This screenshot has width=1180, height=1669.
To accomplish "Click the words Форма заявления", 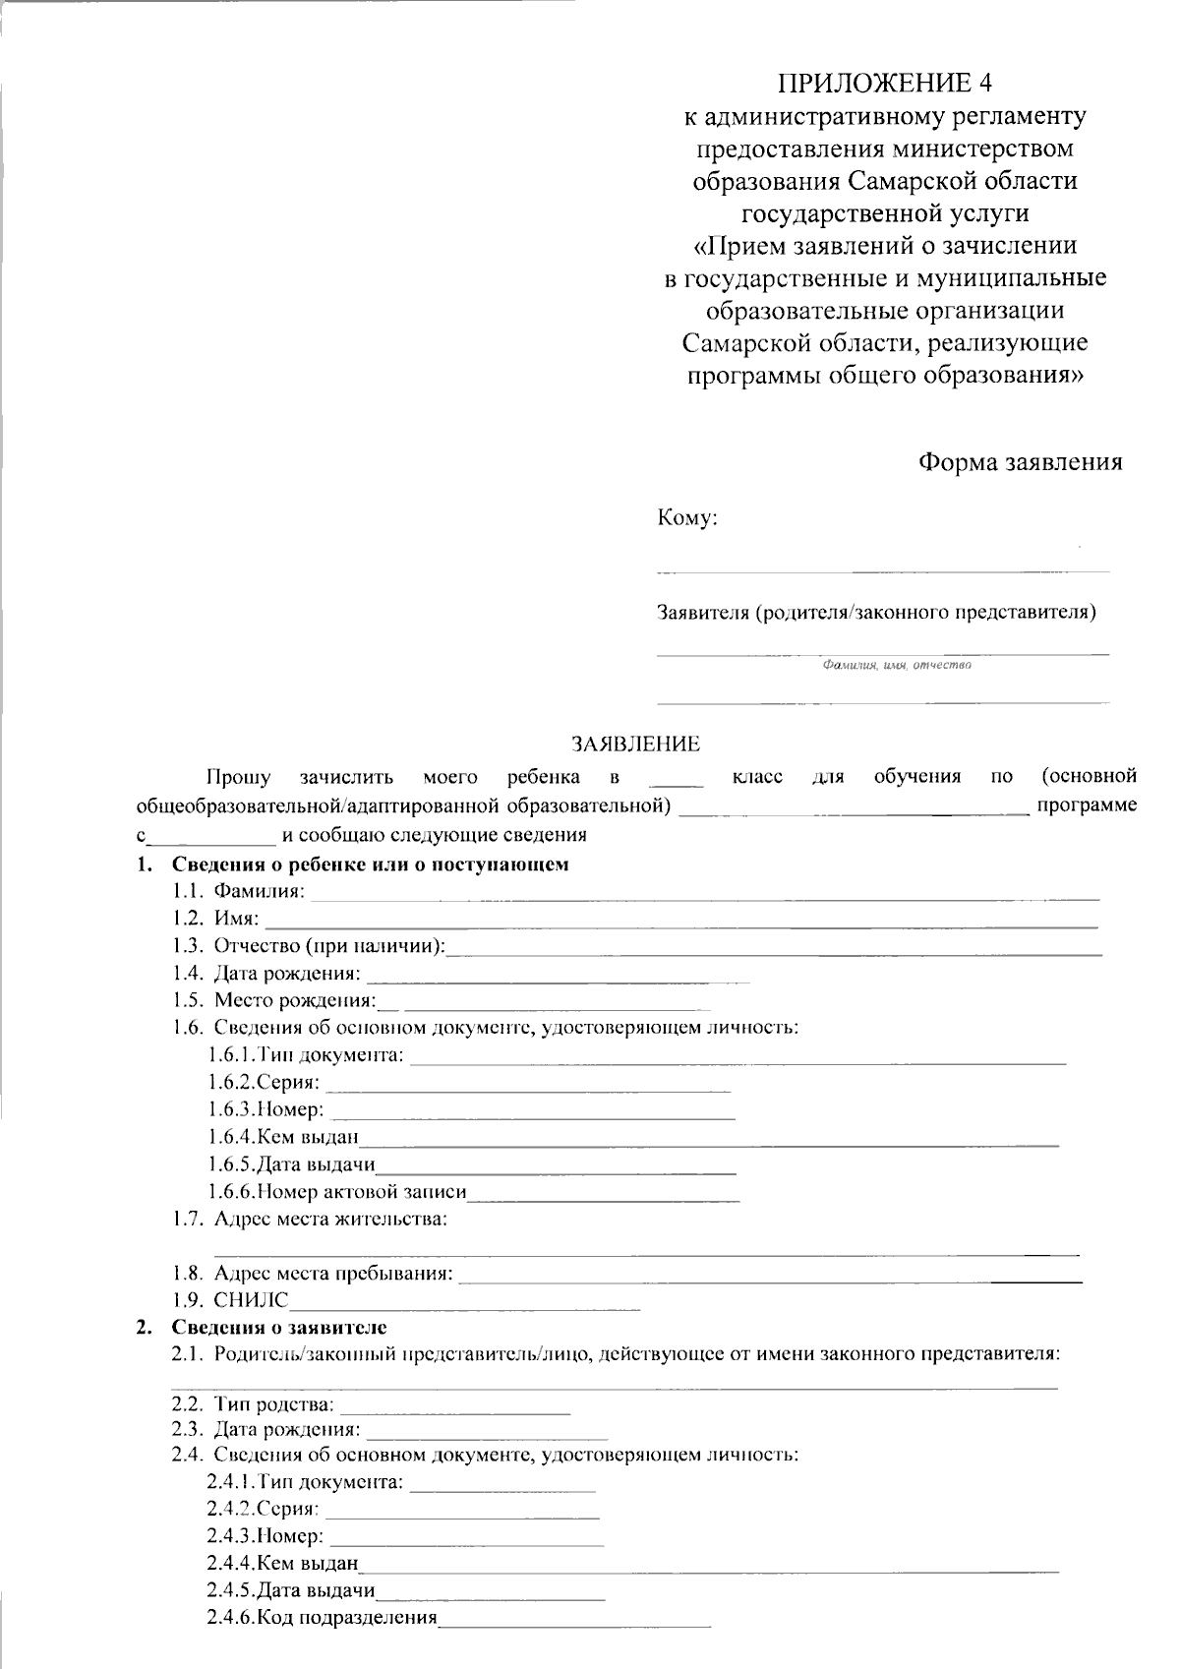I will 1020,462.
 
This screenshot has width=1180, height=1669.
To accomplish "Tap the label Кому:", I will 687,518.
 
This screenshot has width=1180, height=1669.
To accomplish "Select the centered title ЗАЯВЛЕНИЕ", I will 636,745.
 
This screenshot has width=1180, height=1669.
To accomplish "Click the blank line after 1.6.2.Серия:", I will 528,1086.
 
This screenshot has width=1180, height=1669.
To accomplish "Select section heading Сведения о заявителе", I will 279,1328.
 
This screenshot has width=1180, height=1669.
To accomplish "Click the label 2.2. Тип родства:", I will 253,1402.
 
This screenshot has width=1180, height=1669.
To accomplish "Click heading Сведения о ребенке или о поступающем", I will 370,865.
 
